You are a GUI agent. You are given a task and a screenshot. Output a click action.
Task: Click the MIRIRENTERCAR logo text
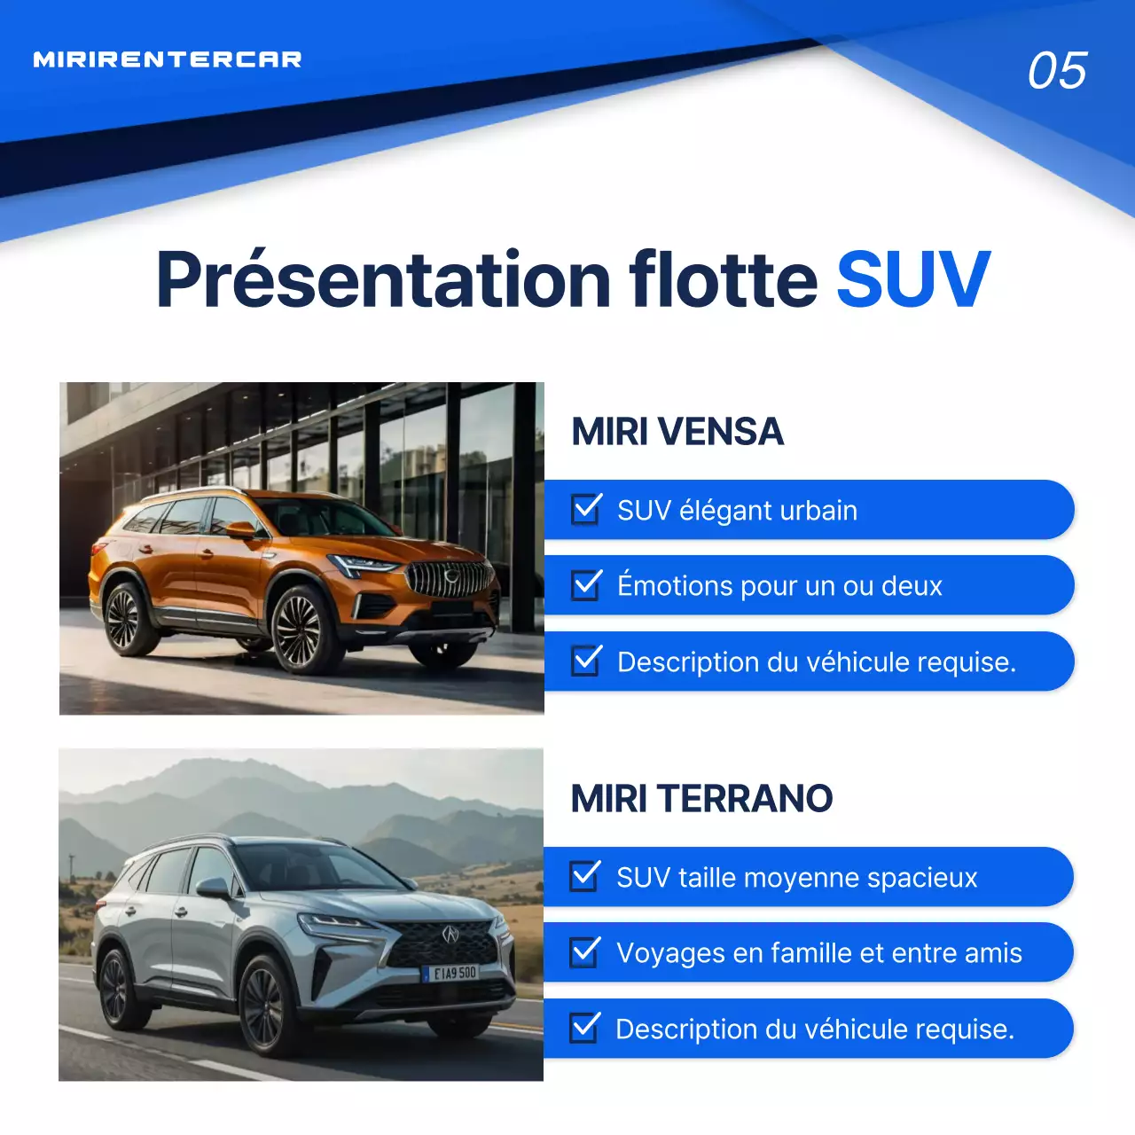pyautogui.click(x=168, y=59)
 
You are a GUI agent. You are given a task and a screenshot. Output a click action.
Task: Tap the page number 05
pyautogui.click(x=1057, y=71)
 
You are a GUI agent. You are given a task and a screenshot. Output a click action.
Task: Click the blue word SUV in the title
pyautogui.click(x=913, y=280)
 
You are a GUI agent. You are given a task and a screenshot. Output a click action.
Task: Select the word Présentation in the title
pyautogui.click(x=383, y=280)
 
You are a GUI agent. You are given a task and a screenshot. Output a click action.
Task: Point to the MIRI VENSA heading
pyautogui.click(x=677, y=432)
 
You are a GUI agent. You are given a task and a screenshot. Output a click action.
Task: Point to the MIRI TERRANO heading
pyautogui.click(x=701, y=798)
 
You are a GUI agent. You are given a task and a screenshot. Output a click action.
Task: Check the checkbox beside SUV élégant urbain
pyautogui.click(x=587, y=509)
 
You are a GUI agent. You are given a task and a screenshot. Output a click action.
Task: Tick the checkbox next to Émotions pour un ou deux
pyautogui.click(x=587, y=584)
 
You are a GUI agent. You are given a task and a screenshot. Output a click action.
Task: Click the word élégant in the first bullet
pyautogui.click(x=724, y=511)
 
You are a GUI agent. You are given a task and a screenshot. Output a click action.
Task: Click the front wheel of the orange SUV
pyautogui.click(x=299, y=630)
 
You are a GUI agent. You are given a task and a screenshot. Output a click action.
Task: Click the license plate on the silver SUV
pyautogui.click(x=454, y=973)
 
